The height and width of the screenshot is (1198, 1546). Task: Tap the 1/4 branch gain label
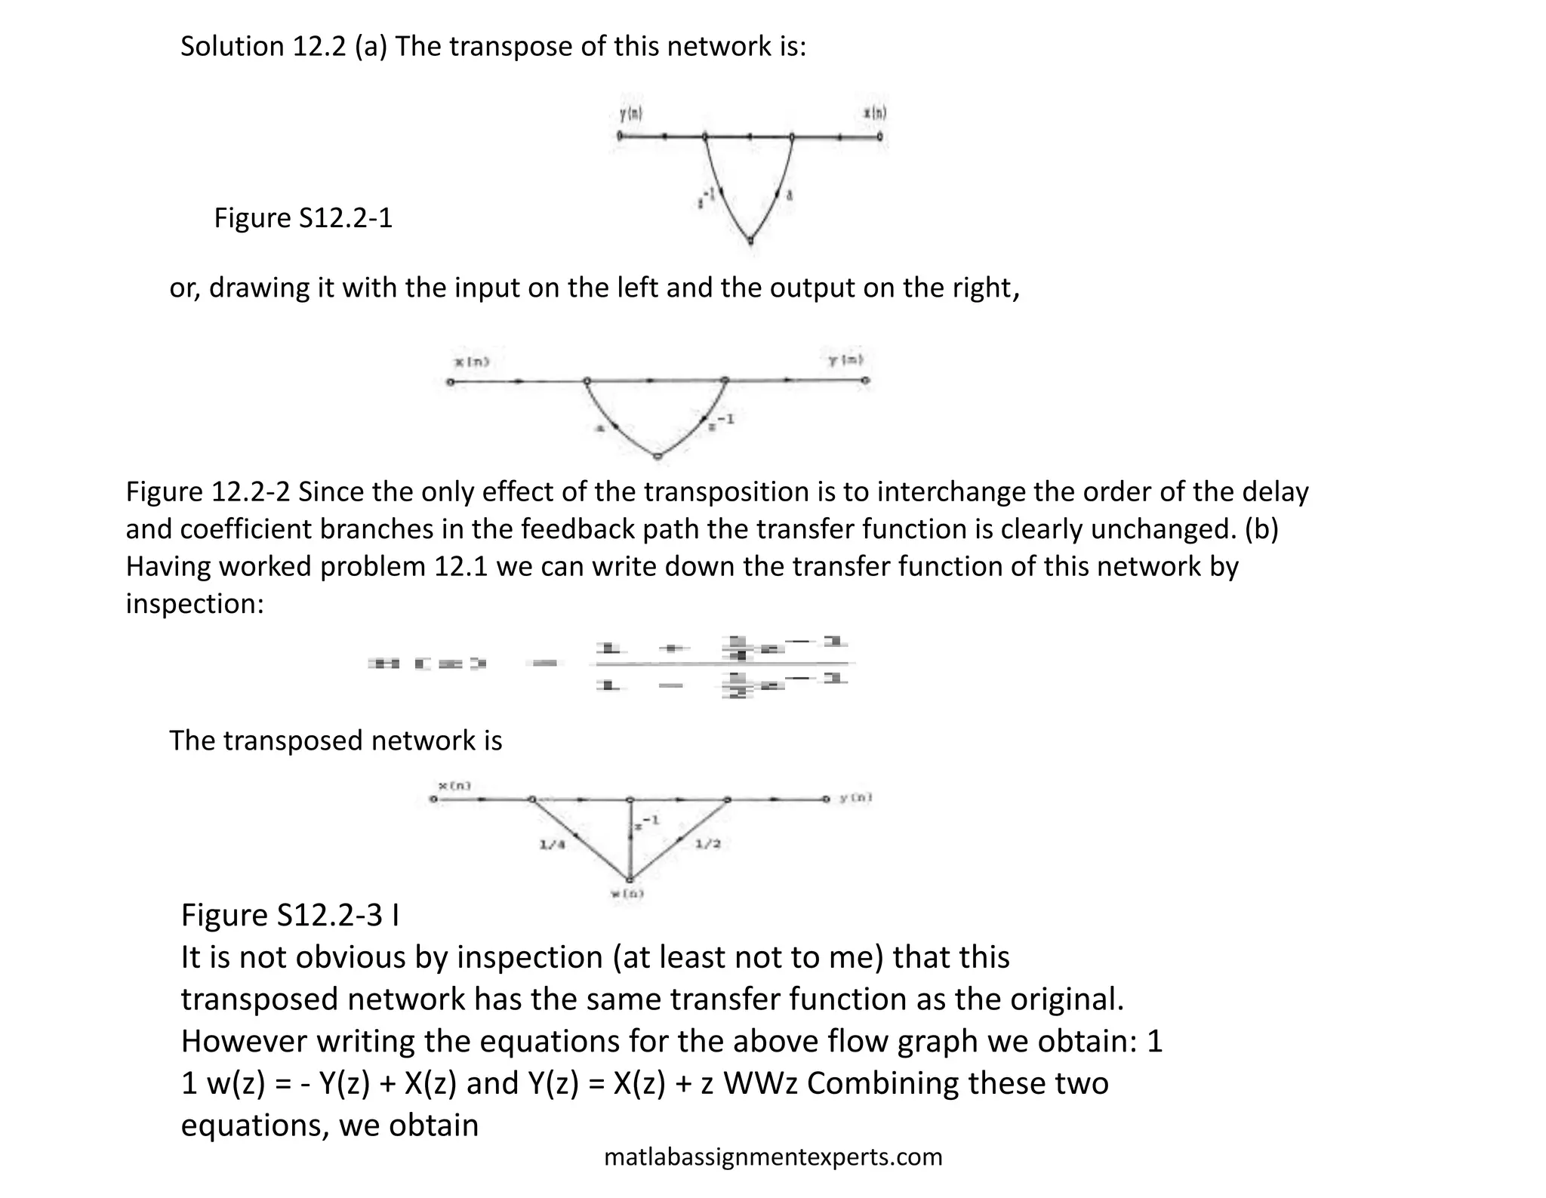click(x=552, y=845)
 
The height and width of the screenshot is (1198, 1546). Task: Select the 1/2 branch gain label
click(x=707, y=843)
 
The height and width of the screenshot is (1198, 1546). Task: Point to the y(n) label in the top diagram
click(x=631, y=115)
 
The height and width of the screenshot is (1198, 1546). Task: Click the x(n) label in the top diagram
click(x=875, y=114)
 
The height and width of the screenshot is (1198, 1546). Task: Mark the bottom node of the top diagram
click(x=750, y=242)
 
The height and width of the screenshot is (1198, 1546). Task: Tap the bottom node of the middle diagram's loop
click(x=658, y=457)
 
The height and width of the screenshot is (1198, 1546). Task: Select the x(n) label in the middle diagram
click(x=472, y=362)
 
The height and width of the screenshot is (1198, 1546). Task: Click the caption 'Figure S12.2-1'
click(x=303, y=218)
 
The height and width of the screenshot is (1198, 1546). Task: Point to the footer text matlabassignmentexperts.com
click(x=773, y=1156)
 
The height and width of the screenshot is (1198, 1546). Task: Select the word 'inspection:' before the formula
click(x=195, y=604)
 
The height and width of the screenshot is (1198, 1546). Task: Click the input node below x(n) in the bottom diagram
click(x=433, y=799)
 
